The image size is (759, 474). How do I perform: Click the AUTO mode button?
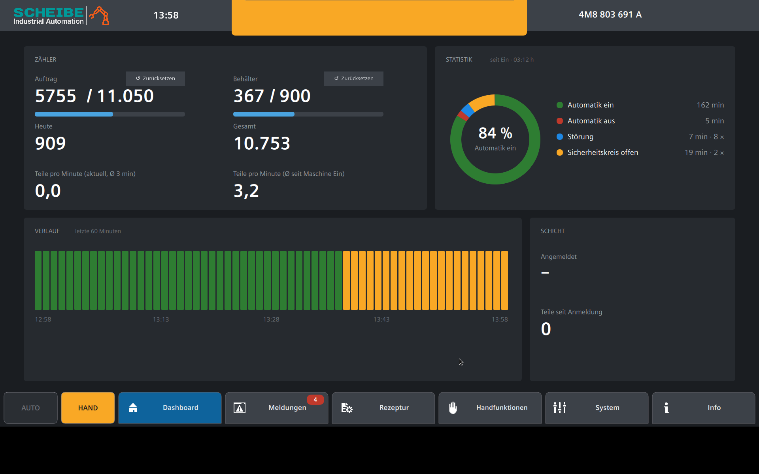(30, 408)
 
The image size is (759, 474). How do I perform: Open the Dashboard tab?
(170, 408)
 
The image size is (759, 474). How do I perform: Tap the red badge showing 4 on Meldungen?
(315, 400)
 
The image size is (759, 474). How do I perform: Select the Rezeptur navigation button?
(383, 408)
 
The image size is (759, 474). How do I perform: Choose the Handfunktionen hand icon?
(453, 408)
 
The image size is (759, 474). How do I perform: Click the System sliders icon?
(560, 408)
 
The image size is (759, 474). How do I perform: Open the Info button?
(704, 408)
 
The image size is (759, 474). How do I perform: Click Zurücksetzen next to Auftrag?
(155, 78)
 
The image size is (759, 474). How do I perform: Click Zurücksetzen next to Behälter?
(354, 78)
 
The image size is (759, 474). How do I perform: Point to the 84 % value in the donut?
(495, 133)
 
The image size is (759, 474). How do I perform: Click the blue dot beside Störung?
(560, 137)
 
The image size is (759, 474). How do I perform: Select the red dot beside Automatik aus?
(560, 121)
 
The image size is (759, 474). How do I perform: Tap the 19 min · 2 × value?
(704, 152)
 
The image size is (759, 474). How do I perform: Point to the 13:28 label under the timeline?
(271, 319)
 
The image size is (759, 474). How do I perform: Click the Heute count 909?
(50, 143)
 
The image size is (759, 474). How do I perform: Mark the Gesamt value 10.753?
(262, 143)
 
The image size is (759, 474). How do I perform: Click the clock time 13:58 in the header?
(166, 15)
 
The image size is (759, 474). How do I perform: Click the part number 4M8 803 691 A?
(610, 15)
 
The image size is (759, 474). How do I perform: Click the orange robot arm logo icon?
(99, 15)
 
